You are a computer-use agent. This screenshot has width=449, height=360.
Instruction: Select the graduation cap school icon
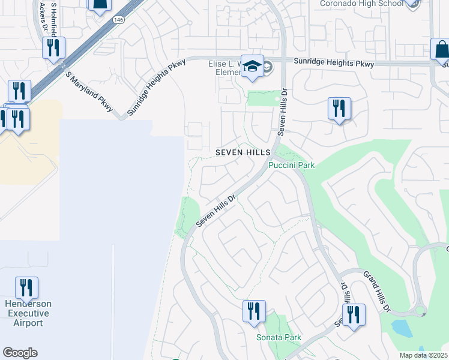tap(253, 68)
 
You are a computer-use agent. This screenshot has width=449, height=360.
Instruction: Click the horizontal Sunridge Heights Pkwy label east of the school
tap(333, 64)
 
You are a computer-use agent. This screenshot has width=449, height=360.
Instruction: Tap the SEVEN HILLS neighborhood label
tap(243, 153)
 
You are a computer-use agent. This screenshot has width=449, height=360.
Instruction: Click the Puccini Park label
tap(292, 165)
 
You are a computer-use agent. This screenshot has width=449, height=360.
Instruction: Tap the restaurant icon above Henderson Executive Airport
tap(26, 288)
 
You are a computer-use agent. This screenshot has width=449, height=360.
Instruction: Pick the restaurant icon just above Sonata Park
tap(254, 311)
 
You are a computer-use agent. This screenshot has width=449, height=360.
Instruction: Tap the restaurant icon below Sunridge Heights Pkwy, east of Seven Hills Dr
tap(339, 109)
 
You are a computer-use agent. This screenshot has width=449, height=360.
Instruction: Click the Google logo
tap(20, 353)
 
